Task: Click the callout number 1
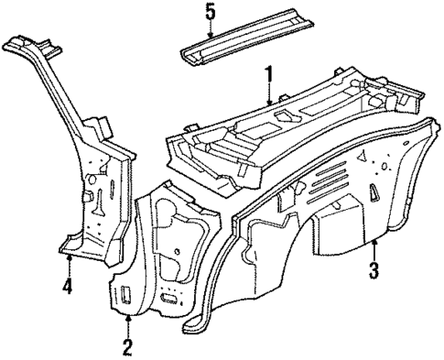click(x=268, y=72)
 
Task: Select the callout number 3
click(x=374, y=270)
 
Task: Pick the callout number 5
click(x=210, y=12)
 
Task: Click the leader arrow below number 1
click(x=268, y=92)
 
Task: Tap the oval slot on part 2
click(x=168, y=299)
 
